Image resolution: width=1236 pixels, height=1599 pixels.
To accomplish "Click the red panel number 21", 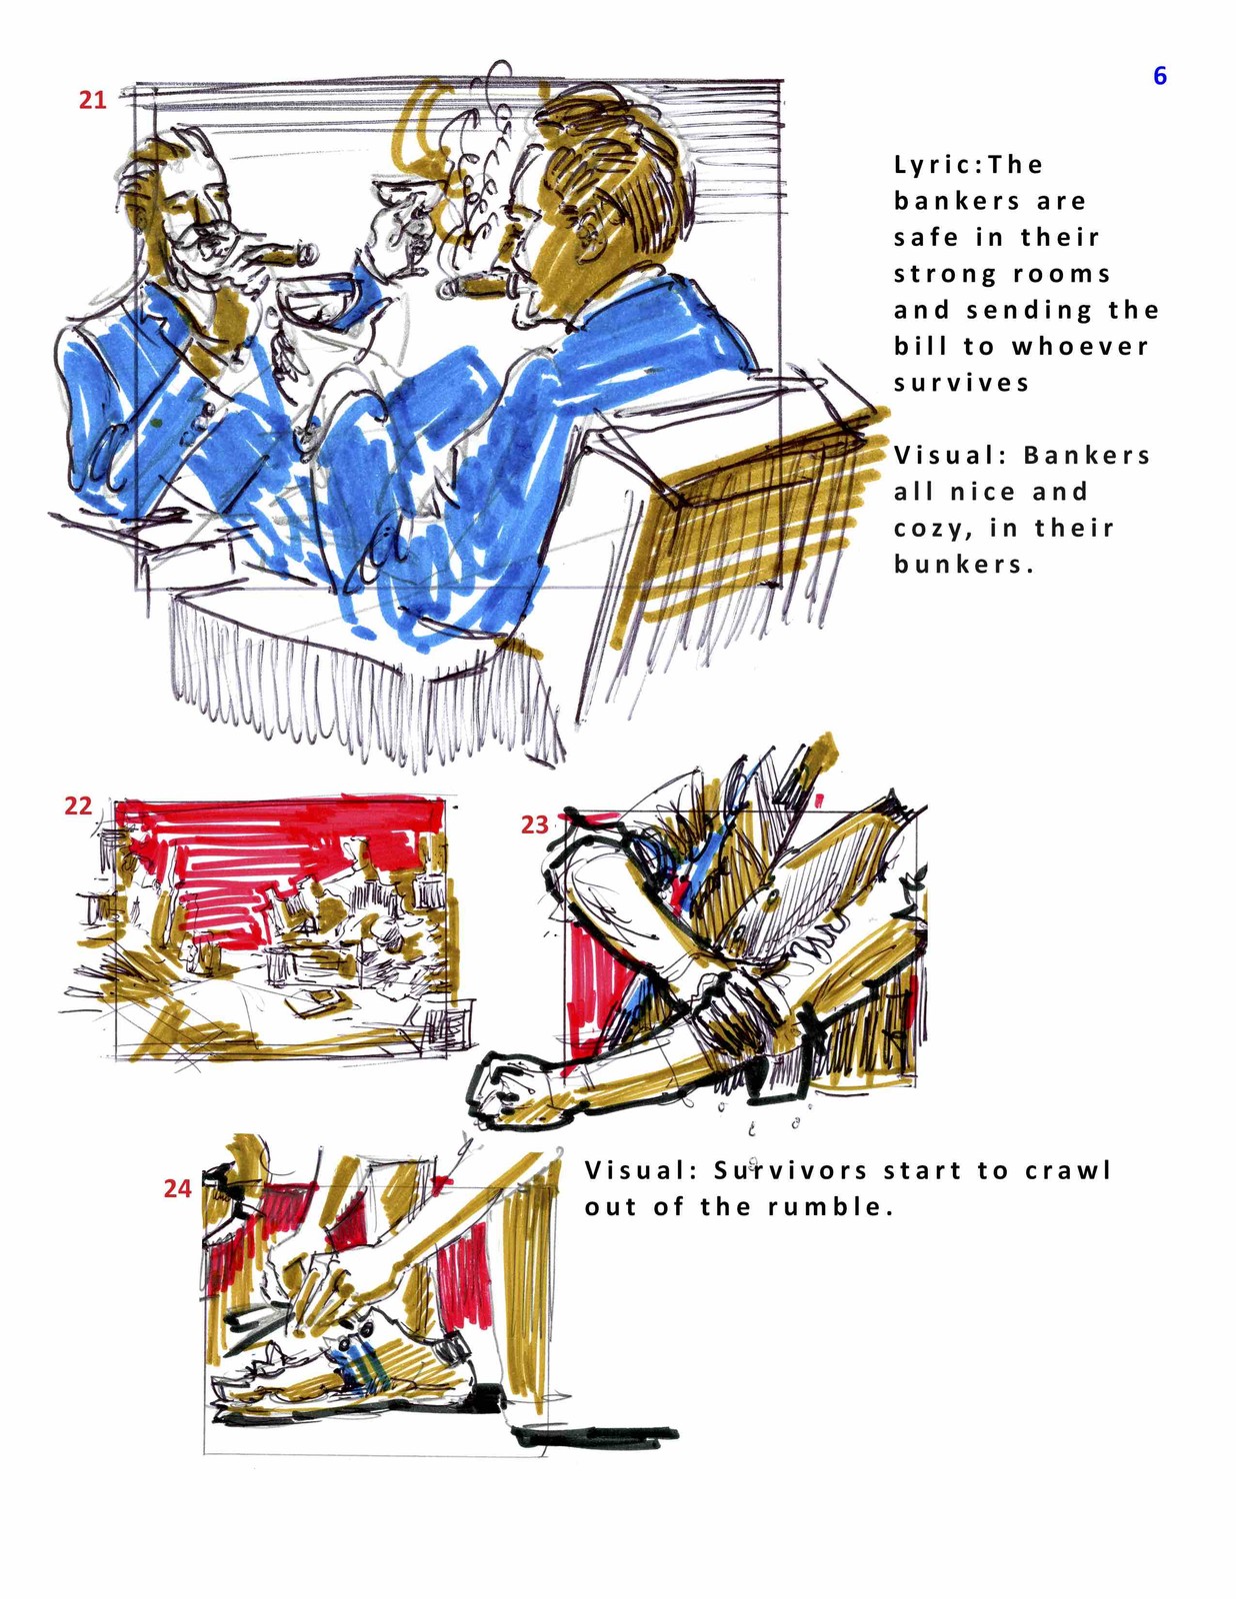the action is (x=93, y=99).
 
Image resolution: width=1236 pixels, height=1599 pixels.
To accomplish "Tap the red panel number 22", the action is (x=78, y=805).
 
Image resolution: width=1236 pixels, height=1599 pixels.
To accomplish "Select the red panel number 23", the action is (x=534, y=824).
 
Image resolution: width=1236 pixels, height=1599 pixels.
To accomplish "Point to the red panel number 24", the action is (x=177, y=1188).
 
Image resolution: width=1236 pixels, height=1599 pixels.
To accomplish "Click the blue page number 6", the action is (x=1159, y=75).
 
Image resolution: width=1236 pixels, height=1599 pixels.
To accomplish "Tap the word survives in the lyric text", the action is (x=961, y=384).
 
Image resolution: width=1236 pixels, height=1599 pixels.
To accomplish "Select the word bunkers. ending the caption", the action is (x=964, y=565).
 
